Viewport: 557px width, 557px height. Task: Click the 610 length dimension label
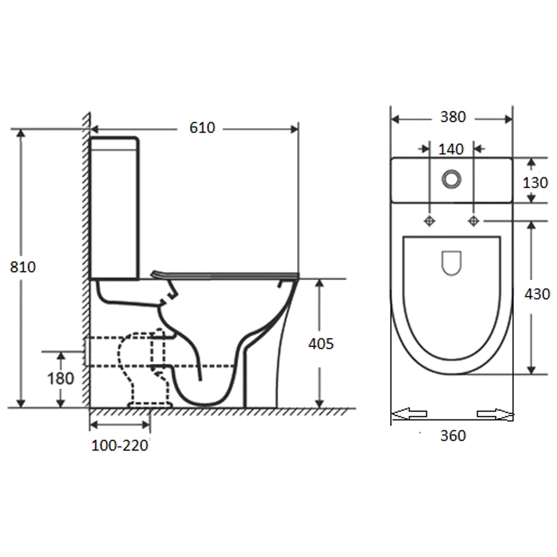point(202,128)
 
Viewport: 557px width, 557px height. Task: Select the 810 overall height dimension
point(23,267)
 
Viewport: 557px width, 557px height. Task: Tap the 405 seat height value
point(321,344)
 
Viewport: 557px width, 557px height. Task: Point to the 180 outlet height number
point(61,378)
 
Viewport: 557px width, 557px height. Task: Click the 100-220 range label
point(120,446)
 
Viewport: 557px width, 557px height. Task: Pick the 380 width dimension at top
point(453,117)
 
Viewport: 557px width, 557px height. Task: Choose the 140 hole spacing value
point(451,149)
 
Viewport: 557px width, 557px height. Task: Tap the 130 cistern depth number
point(535,183)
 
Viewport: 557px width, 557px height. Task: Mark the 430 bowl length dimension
point(537,294)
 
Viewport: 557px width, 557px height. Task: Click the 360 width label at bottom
point(453,436)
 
